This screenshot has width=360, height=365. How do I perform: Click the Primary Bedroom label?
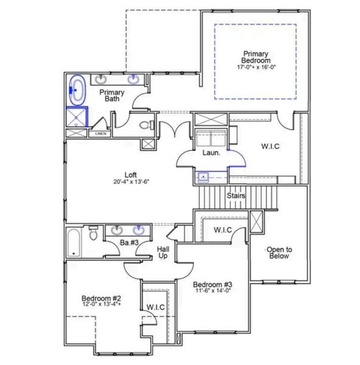[x=255, y=57]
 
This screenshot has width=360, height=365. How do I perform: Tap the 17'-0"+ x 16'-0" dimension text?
[x=255, y=68]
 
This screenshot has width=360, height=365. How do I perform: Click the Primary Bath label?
[x=112, y=96]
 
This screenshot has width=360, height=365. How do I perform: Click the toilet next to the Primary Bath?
[x=144, y=126]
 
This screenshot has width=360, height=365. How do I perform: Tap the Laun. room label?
[x=210, y=153]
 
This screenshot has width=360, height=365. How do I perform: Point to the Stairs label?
[x=236, y=196]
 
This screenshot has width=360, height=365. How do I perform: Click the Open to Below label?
[x=280, y=252]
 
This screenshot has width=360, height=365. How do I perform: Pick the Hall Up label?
[x=163, y=252]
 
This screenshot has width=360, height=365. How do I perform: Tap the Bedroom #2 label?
[x=102, y=299]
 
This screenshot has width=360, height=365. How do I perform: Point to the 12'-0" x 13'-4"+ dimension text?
[x=102, y=307]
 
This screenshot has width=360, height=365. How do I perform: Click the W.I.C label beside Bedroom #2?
[x=156, y=307]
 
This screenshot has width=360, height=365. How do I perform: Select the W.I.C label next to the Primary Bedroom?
[x=271, y=146]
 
